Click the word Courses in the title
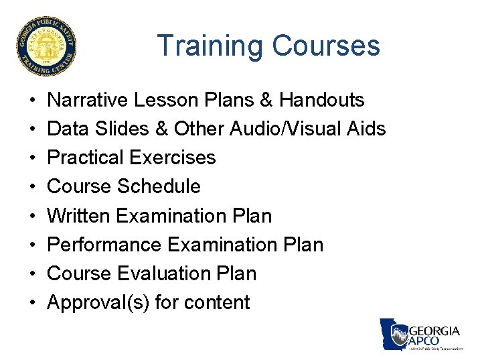pos(326,46)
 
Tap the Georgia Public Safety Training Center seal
pos(46,46)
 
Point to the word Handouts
pos(322,101)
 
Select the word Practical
pos(86,158)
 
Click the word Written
pos(79,216)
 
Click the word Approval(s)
pos(98,303)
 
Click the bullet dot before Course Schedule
pos(33,187)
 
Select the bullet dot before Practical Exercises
pos(33,158)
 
